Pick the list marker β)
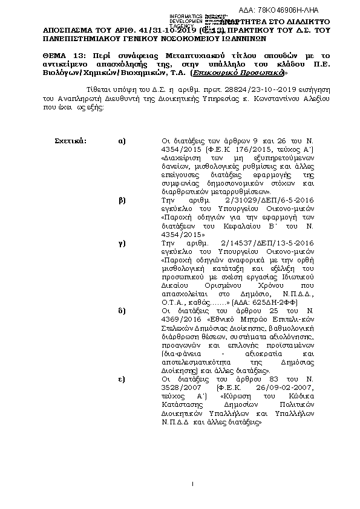click(122, 198)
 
